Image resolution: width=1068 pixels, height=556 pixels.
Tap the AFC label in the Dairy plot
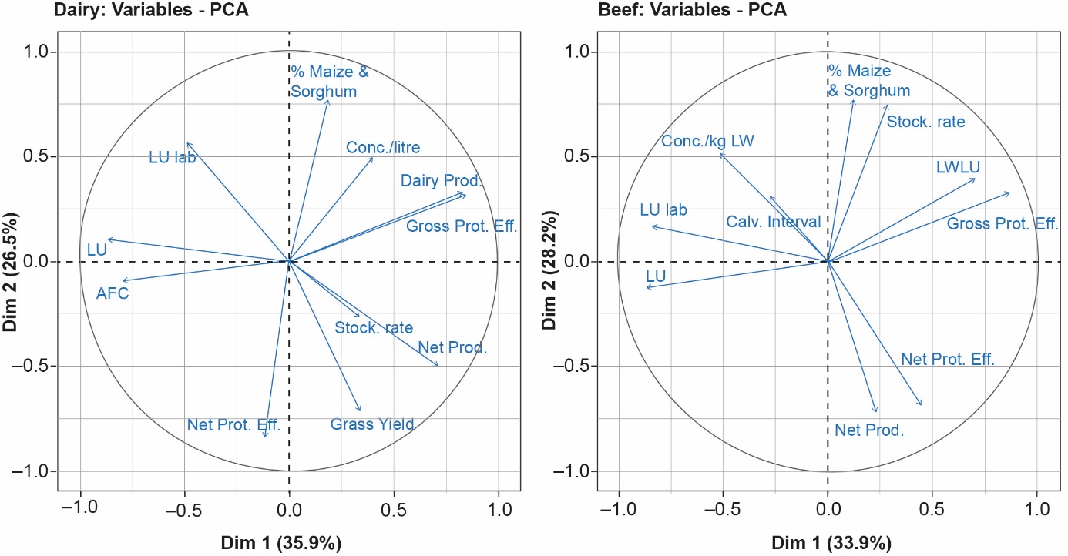coord(113,293)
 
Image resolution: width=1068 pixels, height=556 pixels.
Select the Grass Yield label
coord(372,424)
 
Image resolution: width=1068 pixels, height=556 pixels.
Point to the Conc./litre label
coord(383,147)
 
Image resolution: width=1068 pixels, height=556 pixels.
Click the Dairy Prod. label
coord(441,181)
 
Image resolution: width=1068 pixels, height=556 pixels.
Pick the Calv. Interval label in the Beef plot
coord(773,222)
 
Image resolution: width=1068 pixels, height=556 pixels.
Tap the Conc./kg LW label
coord(707,141)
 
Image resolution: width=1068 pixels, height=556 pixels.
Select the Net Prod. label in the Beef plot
coord(868,430)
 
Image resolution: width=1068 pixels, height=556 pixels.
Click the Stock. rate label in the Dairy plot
coord(374,327)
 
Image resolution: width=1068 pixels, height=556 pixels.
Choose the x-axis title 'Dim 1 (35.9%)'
coord(289,541)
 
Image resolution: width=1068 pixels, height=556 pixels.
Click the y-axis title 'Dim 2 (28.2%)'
coord(550,262)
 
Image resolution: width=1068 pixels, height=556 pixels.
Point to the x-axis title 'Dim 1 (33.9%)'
coord(828,541)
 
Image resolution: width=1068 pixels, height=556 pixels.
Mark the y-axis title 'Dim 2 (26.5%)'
coord(12,262)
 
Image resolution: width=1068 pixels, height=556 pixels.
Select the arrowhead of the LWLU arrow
coord(976,179)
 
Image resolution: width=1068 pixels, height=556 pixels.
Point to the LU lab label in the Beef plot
coord(663,210)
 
